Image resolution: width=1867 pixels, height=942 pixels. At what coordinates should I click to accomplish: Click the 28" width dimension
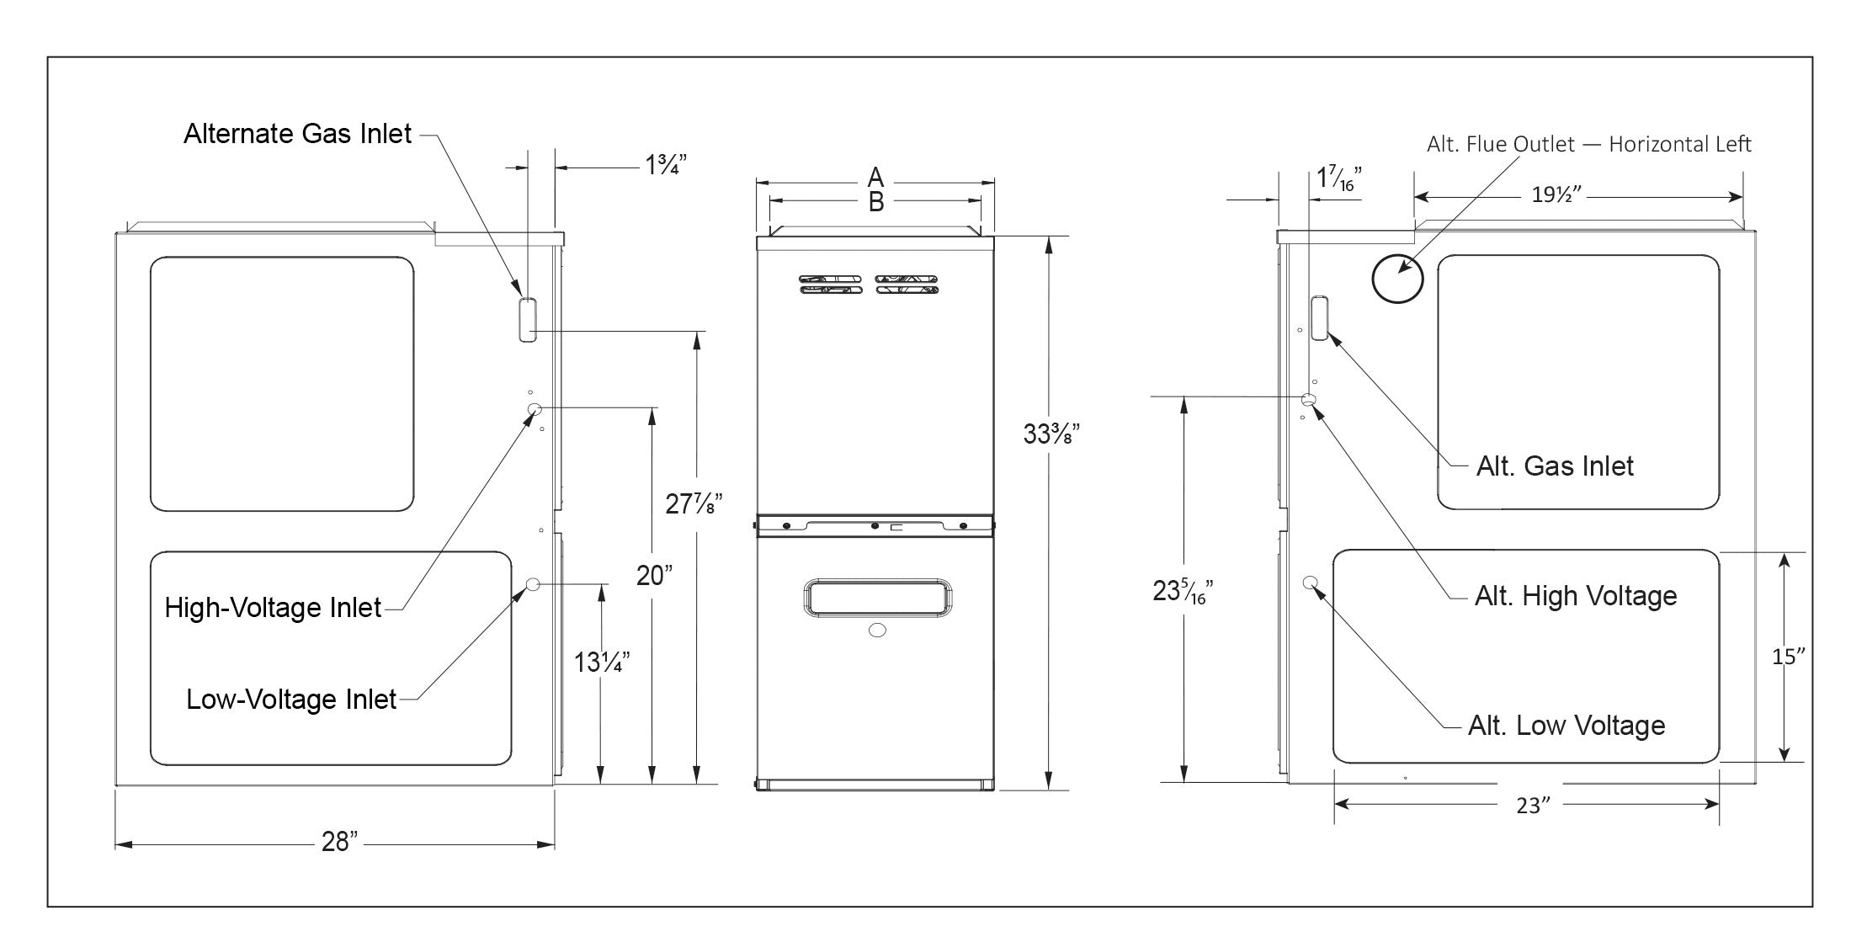click(339, 841)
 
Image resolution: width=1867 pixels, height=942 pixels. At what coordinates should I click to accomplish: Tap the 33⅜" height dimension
click(1051, 434)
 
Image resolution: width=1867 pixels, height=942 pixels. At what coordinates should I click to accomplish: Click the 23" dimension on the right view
click(1533, 806)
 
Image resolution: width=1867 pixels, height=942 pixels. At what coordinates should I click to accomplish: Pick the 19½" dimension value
click(1556, 195)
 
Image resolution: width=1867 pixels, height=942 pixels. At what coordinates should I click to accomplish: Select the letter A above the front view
click(875, 177)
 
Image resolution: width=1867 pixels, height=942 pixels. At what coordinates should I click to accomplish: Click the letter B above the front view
click(875, 202)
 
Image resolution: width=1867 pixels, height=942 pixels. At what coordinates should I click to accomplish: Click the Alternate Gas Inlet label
click(297, 134)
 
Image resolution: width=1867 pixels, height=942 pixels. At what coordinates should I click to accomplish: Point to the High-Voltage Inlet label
click(273, 608)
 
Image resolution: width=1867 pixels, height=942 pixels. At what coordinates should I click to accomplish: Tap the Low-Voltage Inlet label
click(290, 700)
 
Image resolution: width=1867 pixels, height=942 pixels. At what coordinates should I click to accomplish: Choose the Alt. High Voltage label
click(1575, 596)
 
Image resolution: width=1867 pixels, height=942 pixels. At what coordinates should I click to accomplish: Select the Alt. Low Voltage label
click(1566, 726)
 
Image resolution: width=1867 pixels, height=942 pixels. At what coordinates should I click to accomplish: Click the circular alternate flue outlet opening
click(1397, 279)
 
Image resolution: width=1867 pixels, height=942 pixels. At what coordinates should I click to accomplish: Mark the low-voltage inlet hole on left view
click(533, 584)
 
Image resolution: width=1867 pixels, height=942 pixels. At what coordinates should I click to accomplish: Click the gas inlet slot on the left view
click(527, 319)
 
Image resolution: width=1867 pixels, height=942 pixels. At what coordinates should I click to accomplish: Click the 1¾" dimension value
click(666, 165)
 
